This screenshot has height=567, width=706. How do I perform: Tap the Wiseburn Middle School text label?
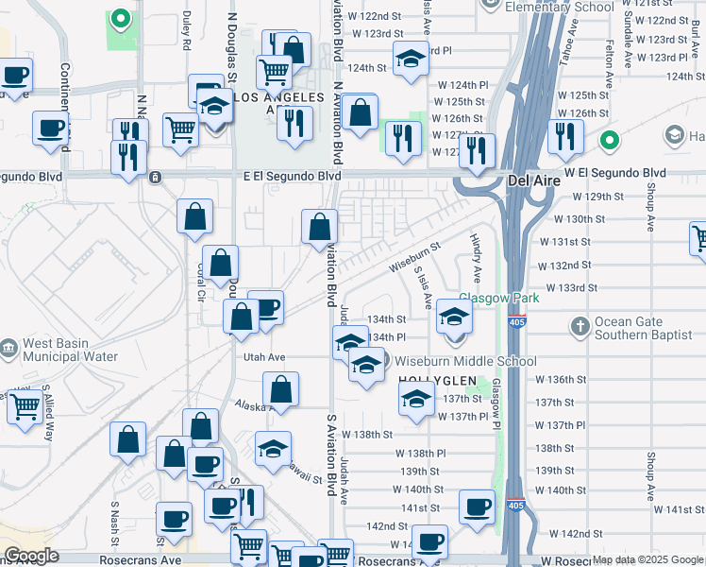coord(464,361)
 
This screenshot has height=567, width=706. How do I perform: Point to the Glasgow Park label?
coord(499,298)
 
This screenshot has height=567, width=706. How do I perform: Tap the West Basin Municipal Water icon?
coord(8,349)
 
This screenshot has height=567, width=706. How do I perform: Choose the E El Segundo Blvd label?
coord(292,176)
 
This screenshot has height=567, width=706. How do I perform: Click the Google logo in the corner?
coord(31,556)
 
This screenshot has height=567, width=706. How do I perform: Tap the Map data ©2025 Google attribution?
coord(647,560)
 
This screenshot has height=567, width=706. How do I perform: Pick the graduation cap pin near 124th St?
coord(411,60)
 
